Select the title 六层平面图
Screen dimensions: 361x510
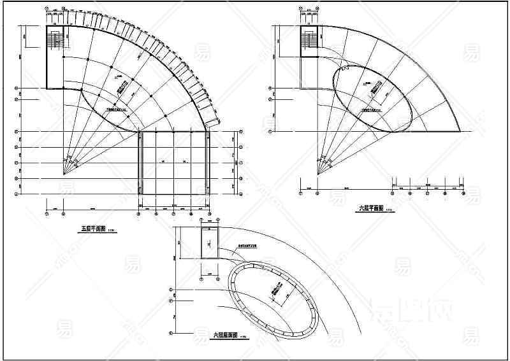pos(370,208)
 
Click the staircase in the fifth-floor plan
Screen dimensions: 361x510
pos(54,39)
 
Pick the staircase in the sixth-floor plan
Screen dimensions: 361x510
pos(309,40)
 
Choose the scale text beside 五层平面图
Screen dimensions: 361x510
pos(112,231)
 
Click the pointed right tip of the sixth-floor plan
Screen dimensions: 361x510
pos(461,131)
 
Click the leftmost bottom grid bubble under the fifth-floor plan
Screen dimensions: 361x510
pos(47,215)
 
